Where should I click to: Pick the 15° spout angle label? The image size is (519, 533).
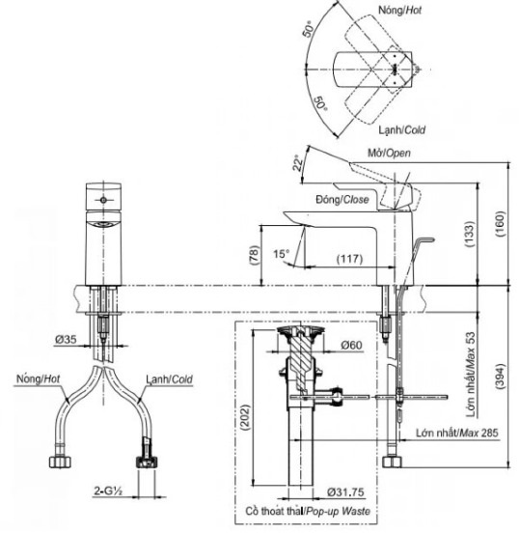281,254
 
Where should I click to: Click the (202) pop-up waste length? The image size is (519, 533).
247,415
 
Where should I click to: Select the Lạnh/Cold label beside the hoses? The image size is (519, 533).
167,379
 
